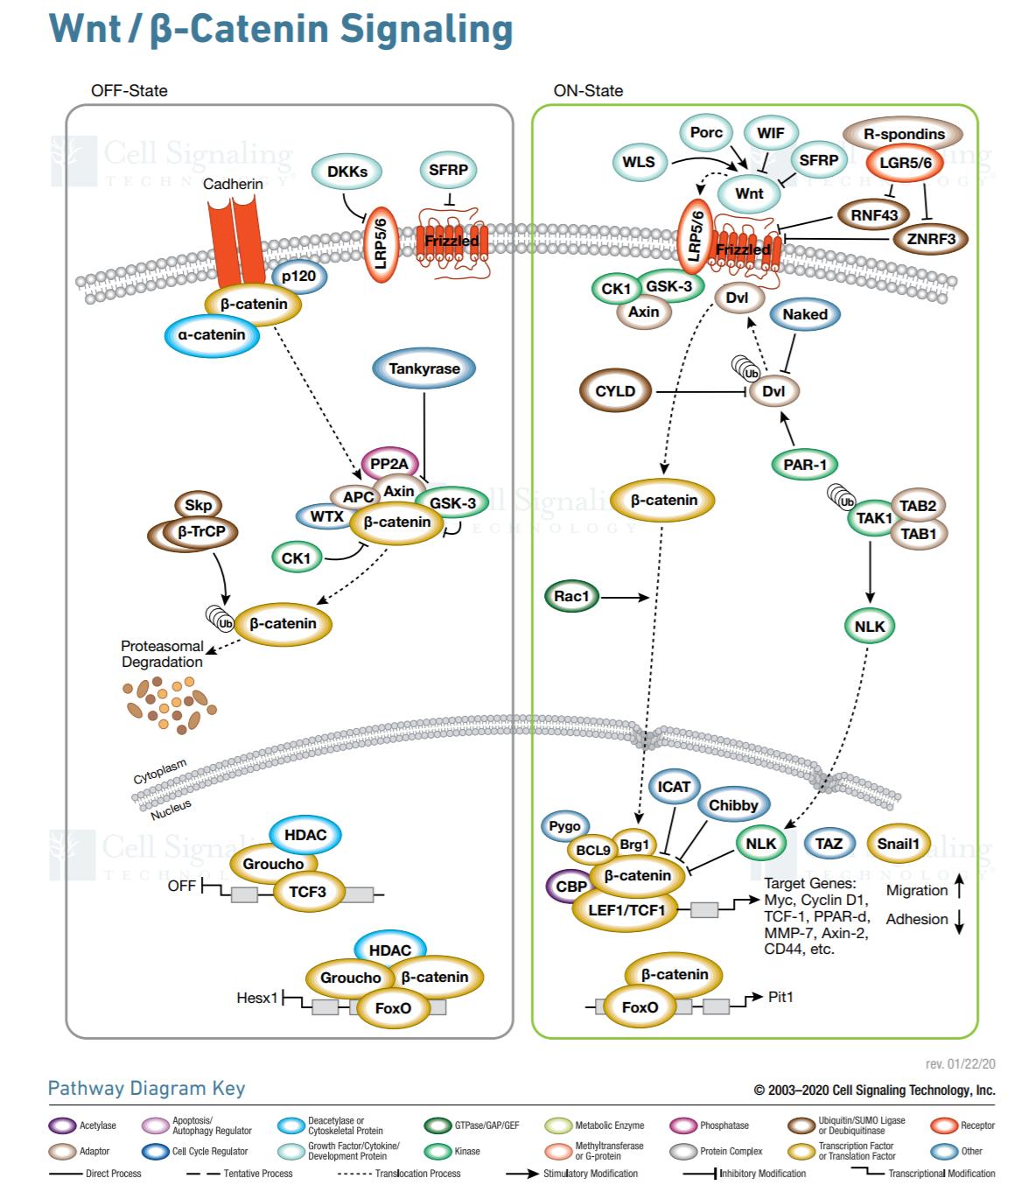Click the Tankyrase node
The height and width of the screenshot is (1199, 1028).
coord(424,368)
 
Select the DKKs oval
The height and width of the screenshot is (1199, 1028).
coord(347,172)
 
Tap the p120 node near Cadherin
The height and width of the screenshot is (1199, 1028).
coord(298,276)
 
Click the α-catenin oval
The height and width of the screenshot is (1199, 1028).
coord(212,334)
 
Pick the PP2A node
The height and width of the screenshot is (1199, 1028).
coord(389,464)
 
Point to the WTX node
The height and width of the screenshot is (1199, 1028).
coord(326,516)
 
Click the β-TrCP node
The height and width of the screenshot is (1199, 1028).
coord(202,531)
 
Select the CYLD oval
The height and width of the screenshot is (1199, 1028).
coord(615,391)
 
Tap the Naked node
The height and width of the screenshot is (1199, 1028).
coord(805,314)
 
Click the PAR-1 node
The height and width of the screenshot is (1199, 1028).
coord(805,465)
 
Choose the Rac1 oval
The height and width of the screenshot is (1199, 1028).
coord(571,596)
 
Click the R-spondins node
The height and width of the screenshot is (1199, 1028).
coord(904,134)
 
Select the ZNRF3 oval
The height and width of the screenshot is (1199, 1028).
coord(931,238)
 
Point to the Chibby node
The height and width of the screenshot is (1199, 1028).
coord(733,805)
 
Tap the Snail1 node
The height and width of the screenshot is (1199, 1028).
coord(899,844)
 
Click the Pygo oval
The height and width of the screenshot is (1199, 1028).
coord(565,826)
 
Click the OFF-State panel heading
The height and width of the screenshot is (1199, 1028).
coord(129,90)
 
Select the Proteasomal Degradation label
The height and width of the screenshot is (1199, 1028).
coord(162,654)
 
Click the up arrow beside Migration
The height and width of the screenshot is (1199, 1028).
coord(960,888)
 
